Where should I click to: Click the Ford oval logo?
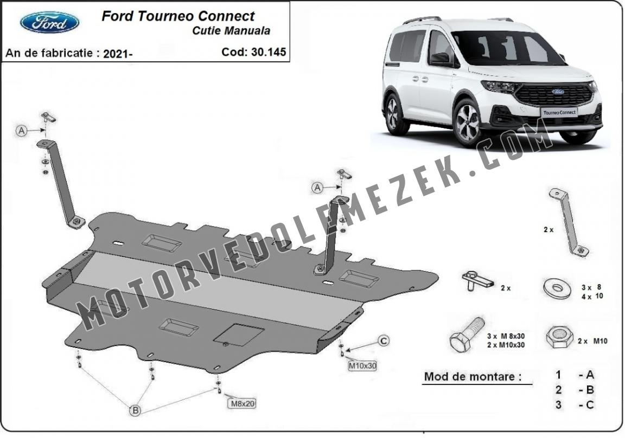click(x=49, y=22)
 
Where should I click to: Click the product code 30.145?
click(x=269, y=52)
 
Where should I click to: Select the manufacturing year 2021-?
click(x=118, y=54)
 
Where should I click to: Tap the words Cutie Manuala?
click(x=231, y=31)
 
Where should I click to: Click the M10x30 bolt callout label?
click(x=362, y=365)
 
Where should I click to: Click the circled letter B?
click(x=136, y=410)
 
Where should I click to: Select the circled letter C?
click(x=384, y=341)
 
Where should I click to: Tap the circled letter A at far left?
click(x=22, y=130)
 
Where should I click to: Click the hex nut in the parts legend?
click(x=559, y=337)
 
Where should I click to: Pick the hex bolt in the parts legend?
click(x=467, y=335)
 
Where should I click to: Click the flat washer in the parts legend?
click(x=557, y=288)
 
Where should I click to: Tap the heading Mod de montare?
click(x=473, y=376)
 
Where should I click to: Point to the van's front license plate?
click(x=559, y=112)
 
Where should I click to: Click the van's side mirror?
click(x=440, y=59)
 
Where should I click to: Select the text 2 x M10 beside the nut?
click(x=592, y=341)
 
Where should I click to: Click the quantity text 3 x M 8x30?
click(x=506, y=337)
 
